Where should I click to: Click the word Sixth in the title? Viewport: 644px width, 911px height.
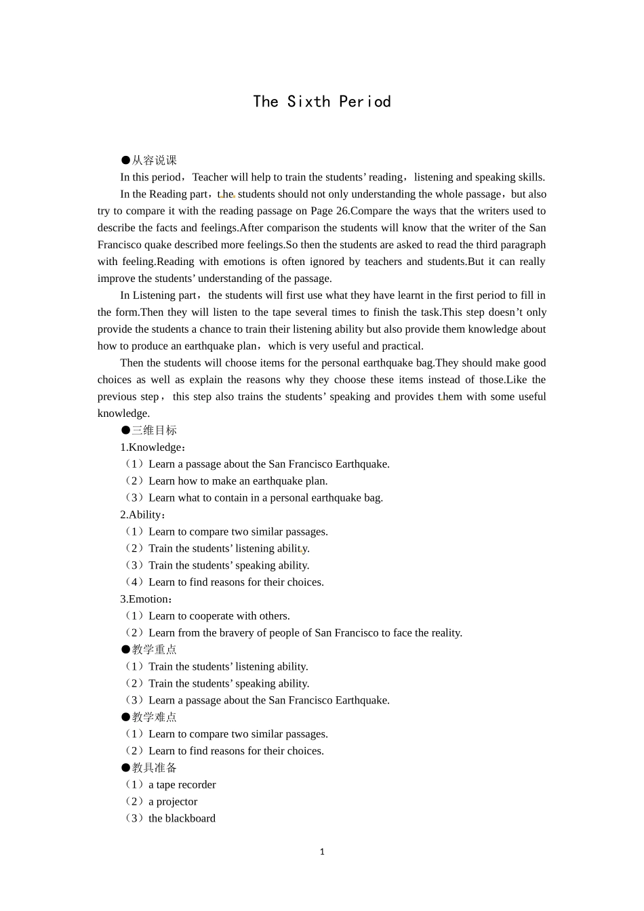point(308,102)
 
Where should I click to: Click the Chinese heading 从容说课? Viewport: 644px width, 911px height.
point(154,160)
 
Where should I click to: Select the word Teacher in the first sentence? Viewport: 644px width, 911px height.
point(210,177)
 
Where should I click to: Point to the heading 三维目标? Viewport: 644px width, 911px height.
point(154,430)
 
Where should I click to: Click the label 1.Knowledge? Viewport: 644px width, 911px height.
point(151,447)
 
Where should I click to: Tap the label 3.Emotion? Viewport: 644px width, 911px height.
point(144,599)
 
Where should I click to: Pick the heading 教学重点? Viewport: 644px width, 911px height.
point(154,649)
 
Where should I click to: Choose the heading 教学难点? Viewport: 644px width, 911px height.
point(154,716)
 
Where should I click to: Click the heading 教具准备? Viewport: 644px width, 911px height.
point(154,767)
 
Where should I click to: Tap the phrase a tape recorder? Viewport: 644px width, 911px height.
point(182,784)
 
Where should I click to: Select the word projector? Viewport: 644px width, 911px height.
point(177,801)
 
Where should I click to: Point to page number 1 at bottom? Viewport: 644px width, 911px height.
point(322,852)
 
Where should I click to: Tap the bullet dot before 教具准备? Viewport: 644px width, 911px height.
point(125,767)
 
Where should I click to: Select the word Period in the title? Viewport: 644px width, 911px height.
point(365,102)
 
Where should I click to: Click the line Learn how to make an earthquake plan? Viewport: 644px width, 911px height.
point(237,481)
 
